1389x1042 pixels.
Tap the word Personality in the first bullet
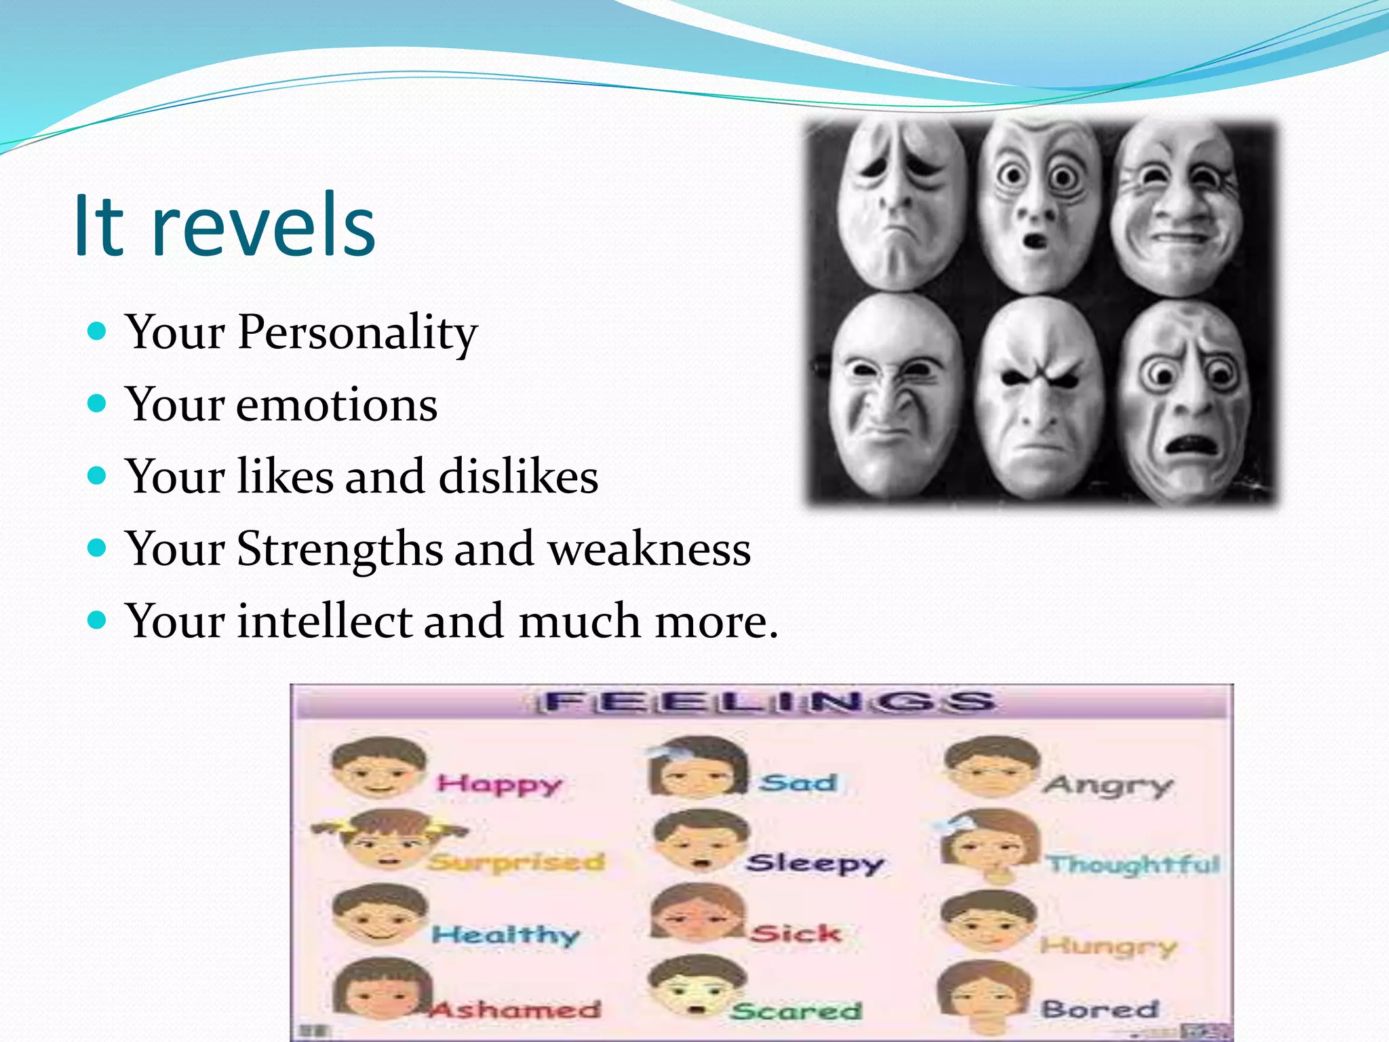[x=357, y=332]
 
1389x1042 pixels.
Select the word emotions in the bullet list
[x=336, y=405]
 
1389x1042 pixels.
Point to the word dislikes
[x=518, y=476]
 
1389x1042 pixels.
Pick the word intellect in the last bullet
[x=324, y=621]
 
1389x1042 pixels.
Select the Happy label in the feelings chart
[x=499, y=785]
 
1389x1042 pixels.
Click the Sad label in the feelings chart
[x=798, y=784]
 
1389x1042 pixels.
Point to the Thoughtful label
[x=1133, y=864]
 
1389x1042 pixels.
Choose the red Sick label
[x=796, y=934]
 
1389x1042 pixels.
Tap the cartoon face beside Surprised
[x=387, y=841]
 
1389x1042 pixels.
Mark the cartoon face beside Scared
[x=697, y=986]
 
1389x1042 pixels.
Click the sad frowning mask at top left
[x=899, y=204]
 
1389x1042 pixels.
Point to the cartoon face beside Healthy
[x=380, y=916]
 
